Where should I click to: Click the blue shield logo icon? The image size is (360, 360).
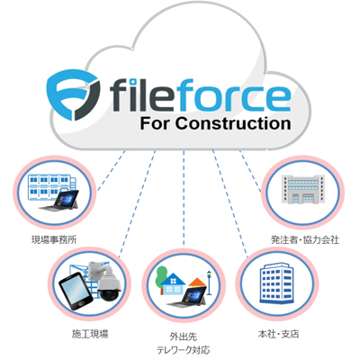tap(74, 94)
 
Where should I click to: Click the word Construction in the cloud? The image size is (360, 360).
tap(233, 123)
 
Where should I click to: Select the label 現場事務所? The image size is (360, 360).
tap(54, 240)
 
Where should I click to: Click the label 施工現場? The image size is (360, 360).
tap(90, 334)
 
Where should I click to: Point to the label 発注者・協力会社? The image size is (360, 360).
tap(305, 240)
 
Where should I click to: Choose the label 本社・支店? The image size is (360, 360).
tap(278, 334)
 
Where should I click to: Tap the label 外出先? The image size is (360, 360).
tap(184, 337)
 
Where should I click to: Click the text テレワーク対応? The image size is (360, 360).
tap(184, 350)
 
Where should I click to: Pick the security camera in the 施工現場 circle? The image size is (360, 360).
tap(106, 280)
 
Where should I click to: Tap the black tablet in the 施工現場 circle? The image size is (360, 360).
tap(76, 292)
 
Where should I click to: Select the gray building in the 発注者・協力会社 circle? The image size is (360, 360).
tap(303, 189)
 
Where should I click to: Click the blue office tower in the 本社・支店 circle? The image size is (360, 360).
tap(275, 283)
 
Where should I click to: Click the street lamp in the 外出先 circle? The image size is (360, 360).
tap(209, 283)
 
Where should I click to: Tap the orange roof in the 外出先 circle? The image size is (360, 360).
tap(197, 283)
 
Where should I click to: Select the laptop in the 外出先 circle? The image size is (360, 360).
tap(187, 297)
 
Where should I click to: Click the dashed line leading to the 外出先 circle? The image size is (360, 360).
tap(184, 199)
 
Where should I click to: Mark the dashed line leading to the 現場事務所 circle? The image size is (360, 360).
tap(111, 170)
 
